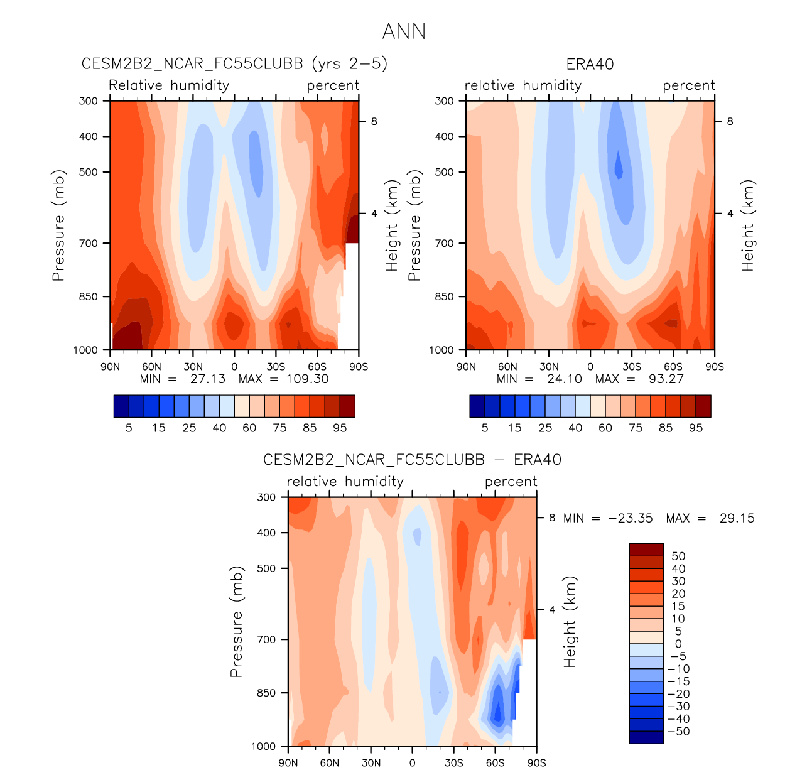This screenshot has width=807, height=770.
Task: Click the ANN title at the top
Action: point(404,31)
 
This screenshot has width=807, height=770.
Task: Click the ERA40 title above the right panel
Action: point(590,64)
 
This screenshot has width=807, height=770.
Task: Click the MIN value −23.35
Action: point(630,518)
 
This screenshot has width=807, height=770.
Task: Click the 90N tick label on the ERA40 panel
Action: point(466,367)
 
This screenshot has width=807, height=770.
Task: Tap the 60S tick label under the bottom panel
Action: point(495,763)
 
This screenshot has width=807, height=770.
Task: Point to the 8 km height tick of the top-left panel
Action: point(374,121)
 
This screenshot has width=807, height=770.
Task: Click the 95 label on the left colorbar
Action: point(340,428)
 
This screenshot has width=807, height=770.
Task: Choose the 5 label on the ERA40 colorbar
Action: point(485,428)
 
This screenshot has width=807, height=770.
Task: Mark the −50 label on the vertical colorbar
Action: point(678,732)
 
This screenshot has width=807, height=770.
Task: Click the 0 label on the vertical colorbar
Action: point(678,644)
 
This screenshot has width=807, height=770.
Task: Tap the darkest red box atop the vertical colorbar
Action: point(646,550)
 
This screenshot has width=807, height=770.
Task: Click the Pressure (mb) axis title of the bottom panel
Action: point(236,621)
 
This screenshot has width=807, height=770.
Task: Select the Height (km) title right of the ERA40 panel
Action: point(747,225)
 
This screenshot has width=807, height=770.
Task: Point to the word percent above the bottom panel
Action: point(511,482)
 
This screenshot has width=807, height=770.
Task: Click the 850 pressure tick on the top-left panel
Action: point(90,296)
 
